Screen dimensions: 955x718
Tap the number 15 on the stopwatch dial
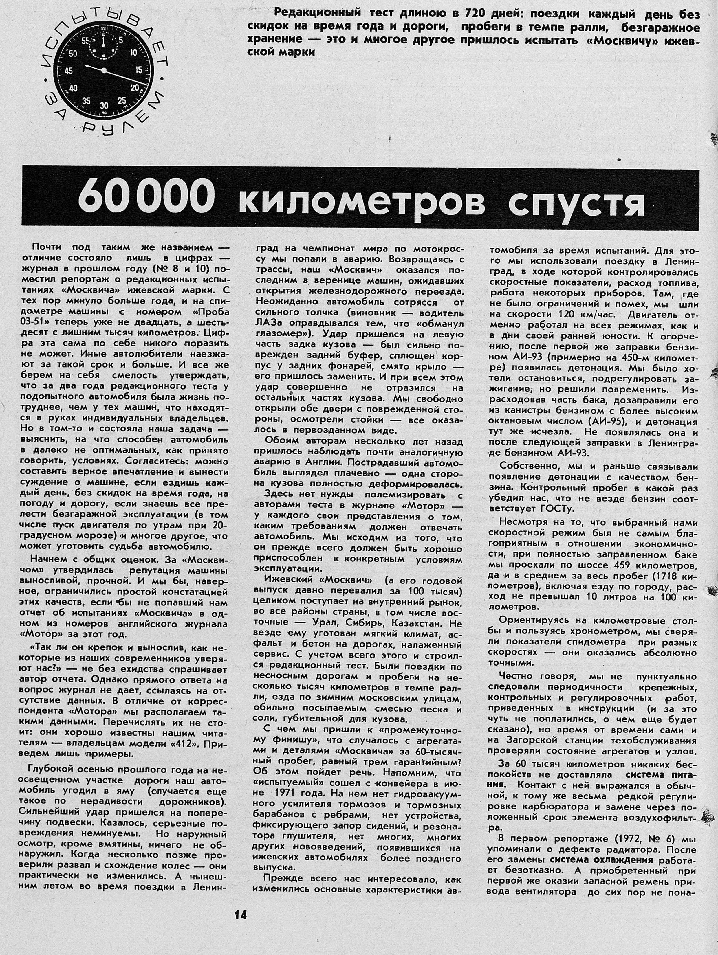[x=139, y=69]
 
